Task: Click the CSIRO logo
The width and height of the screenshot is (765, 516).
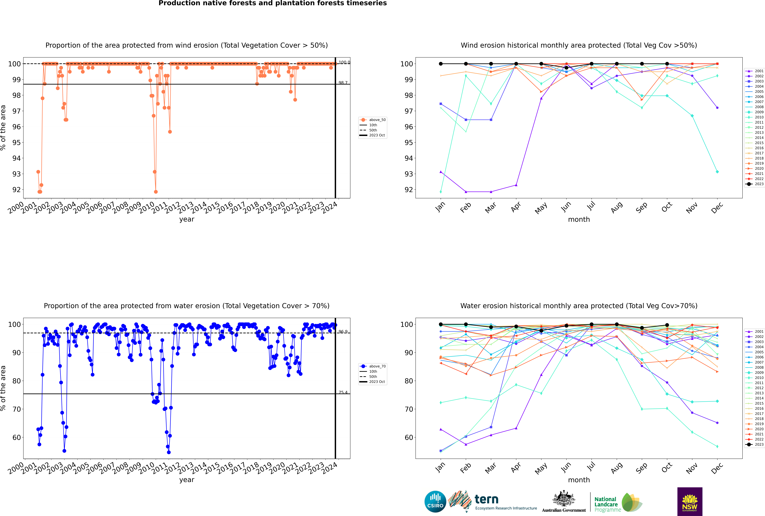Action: click(x=435, y=502)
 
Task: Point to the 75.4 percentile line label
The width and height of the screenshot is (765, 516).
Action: click(x=343, y=392)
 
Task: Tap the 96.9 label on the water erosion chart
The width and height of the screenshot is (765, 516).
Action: click(x=343, y=332)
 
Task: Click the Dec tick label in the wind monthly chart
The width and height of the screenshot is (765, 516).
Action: click(x=717, y=208)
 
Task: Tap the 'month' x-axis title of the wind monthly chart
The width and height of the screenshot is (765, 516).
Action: click(x=579, y=220)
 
